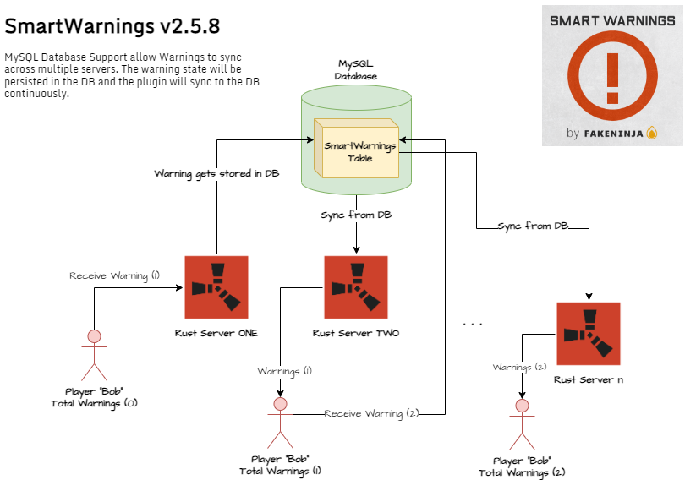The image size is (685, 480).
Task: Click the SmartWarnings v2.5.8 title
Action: [x=112, y=26]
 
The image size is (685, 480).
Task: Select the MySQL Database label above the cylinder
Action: [x=356, y=70]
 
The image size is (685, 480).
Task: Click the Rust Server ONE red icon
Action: [x=216, y=286]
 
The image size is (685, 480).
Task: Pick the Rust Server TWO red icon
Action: [x=356, y=287]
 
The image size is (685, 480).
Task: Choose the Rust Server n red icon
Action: [x=589, y=334]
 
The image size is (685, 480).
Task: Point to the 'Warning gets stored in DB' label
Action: [x=216, y=173]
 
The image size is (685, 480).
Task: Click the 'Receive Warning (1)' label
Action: [x=114, y=275]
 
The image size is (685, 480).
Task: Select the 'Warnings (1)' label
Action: [x=285, y=371]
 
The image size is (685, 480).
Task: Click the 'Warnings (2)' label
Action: [x=520, y=367]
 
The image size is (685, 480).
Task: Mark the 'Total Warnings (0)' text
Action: [x=94, y=403]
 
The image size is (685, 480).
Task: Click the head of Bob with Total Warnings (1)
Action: [x=280, y=403]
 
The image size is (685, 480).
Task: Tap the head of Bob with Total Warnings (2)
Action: [x=522, y=406]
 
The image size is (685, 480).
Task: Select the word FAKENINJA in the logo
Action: [x=613, y=133]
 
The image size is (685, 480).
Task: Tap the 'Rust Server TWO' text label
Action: [x=356, y=333]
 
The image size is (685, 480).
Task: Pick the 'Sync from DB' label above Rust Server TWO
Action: [x=356, y=215]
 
